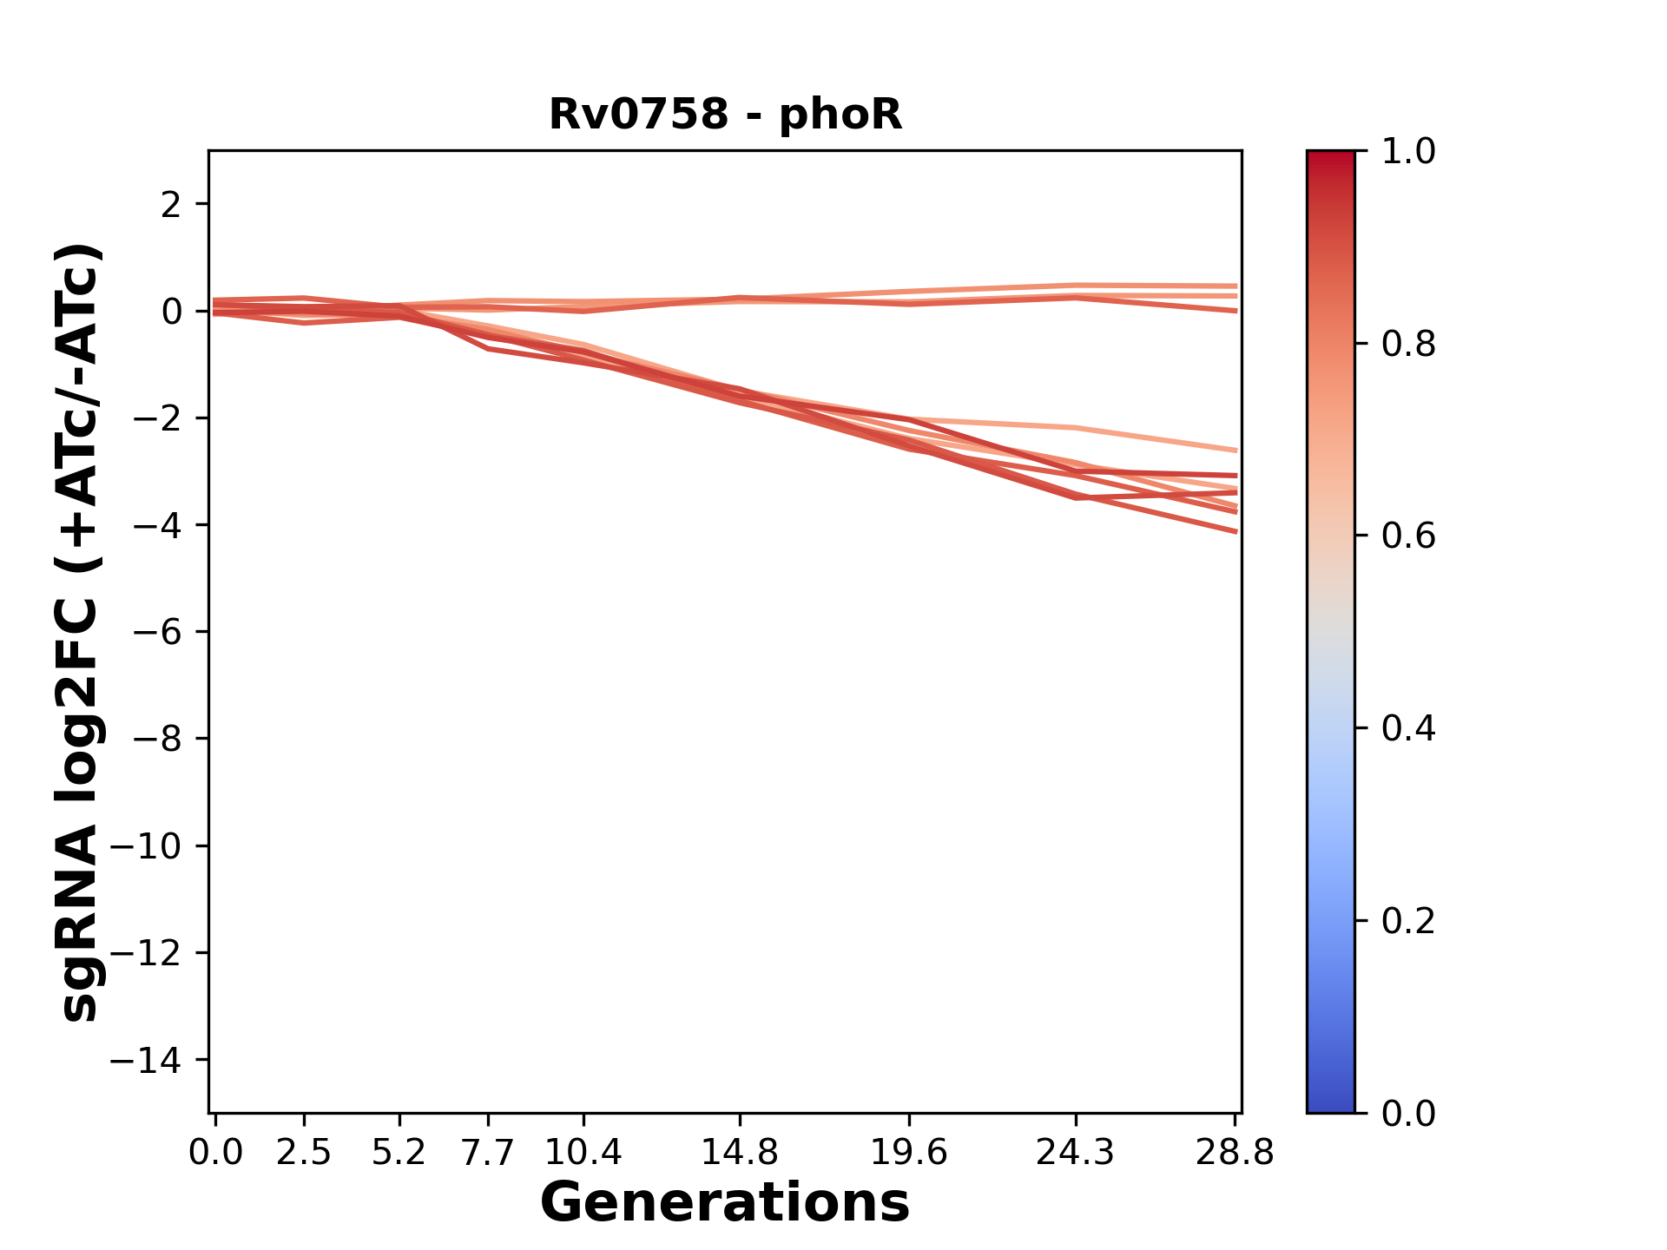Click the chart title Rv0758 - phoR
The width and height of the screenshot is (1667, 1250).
point(725,115)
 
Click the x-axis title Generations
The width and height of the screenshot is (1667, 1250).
point(725,1203)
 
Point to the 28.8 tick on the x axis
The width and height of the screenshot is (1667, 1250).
point(1235,1153)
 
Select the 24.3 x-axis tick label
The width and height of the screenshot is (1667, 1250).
point(1075,1153)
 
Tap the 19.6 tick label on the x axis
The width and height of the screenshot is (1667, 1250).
point(908,1153)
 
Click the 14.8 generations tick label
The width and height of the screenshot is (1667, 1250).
point(739,1153)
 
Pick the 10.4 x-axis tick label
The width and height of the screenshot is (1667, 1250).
point(583,1153)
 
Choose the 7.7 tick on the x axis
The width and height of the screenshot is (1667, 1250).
point(488,1153)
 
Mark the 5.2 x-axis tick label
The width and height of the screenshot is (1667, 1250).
point(399,1153)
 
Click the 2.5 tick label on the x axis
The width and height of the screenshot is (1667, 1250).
point(304,1153)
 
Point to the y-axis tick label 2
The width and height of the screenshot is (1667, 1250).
point(172,205)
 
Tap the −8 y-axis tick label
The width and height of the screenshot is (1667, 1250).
point(157,740)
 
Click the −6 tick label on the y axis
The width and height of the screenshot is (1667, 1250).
point(157,632)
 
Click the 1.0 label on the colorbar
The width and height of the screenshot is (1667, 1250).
point(1408,152)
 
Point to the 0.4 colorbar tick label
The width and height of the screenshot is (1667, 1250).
point(1408,728)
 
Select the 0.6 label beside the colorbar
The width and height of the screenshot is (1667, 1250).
point(1408,536)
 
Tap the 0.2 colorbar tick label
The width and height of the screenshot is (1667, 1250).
point(1408,921)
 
